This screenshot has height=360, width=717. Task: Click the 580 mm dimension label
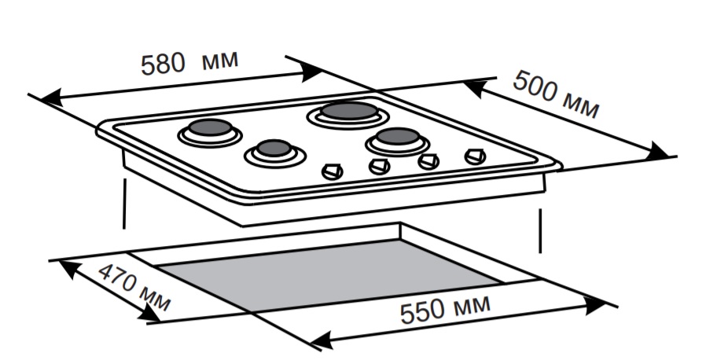click(x=188, y=62)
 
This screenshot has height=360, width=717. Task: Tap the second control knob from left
click(x=380, y=166)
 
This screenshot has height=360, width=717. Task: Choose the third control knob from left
click(x=428, y=161)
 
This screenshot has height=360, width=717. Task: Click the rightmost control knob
click(x=473, y=156)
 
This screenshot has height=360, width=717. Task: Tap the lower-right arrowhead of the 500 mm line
click(x=658, y=150)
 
